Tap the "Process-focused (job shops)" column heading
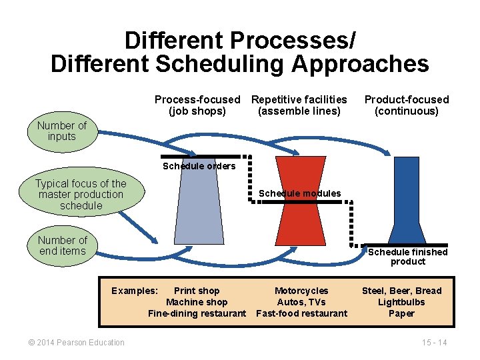coord(197,105)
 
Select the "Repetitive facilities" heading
coord(299,99)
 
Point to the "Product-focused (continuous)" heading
coord(407,105)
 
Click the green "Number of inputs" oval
coord(62,131)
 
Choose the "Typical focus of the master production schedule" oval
coord(81,195)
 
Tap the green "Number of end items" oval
coord(63,245)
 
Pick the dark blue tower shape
coord(407,200)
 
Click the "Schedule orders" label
coord(199,166)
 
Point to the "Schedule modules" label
coord(299,193)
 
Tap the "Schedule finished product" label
coord(408,257)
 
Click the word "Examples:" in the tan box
coord(135,291)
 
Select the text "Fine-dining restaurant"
coord(197,313)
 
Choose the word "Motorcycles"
coord(301,291)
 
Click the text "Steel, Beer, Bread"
coord(401,291)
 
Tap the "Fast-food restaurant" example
coord(301,313)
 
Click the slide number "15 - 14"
coord(434,343)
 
